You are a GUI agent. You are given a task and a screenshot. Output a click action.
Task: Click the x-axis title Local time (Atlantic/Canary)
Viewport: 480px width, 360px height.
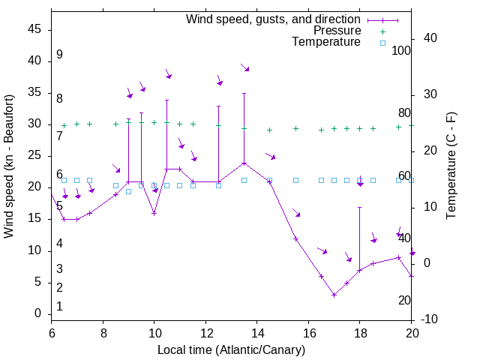click(232, 350)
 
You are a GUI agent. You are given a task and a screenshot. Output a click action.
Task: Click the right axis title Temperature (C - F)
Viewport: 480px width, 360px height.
click(451, 166)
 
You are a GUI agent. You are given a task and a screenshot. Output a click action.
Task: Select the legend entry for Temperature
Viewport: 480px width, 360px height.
click(326, 42)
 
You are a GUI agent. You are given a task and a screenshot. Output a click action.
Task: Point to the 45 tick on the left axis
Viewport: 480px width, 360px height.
click(34, 29)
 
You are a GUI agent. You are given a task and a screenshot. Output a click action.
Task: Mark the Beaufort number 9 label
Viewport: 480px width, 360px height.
click(59, 55)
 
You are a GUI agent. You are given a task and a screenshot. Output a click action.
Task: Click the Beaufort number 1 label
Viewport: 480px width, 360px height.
click(59, 306)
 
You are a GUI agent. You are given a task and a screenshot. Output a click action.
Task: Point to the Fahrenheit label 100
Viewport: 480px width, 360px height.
click(401, 50)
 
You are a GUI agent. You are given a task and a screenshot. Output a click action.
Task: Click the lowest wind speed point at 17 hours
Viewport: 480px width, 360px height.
click(334, 295)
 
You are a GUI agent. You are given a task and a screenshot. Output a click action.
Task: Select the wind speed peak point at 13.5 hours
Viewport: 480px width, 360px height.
click(244, 163)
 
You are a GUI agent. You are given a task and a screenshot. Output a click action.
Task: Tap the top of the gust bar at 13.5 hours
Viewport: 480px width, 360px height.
click(244, 93)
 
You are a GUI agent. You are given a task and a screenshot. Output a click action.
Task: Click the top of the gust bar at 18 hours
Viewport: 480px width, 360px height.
click(359, 207)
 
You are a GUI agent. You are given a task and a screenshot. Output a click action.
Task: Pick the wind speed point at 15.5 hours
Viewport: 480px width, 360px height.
click(295, 238)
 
